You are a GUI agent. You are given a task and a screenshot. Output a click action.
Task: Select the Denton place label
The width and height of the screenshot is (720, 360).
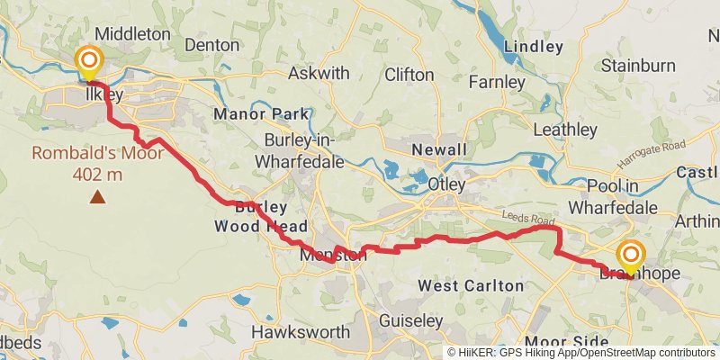pyautogui.click(x=212, y=43)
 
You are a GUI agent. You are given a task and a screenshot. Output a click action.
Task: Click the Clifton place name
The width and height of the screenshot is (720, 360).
pyautogui.click(x=409, y=75)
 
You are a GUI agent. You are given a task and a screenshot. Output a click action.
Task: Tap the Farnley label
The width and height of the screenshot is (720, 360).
pyautogui.click(x=496, y=83)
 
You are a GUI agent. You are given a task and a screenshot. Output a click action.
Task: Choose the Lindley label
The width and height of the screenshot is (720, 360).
pyautogui.click(x=534, y=46)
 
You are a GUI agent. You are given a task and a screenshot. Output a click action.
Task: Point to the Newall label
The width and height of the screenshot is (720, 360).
pyautogui.click(x=439, y=149)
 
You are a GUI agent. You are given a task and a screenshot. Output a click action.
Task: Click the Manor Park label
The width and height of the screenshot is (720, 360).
pyautogui.click(x=262, y=114)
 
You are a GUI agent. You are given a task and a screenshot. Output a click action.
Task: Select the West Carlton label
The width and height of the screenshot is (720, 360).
pyautogui.click(x=471, y=285)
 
